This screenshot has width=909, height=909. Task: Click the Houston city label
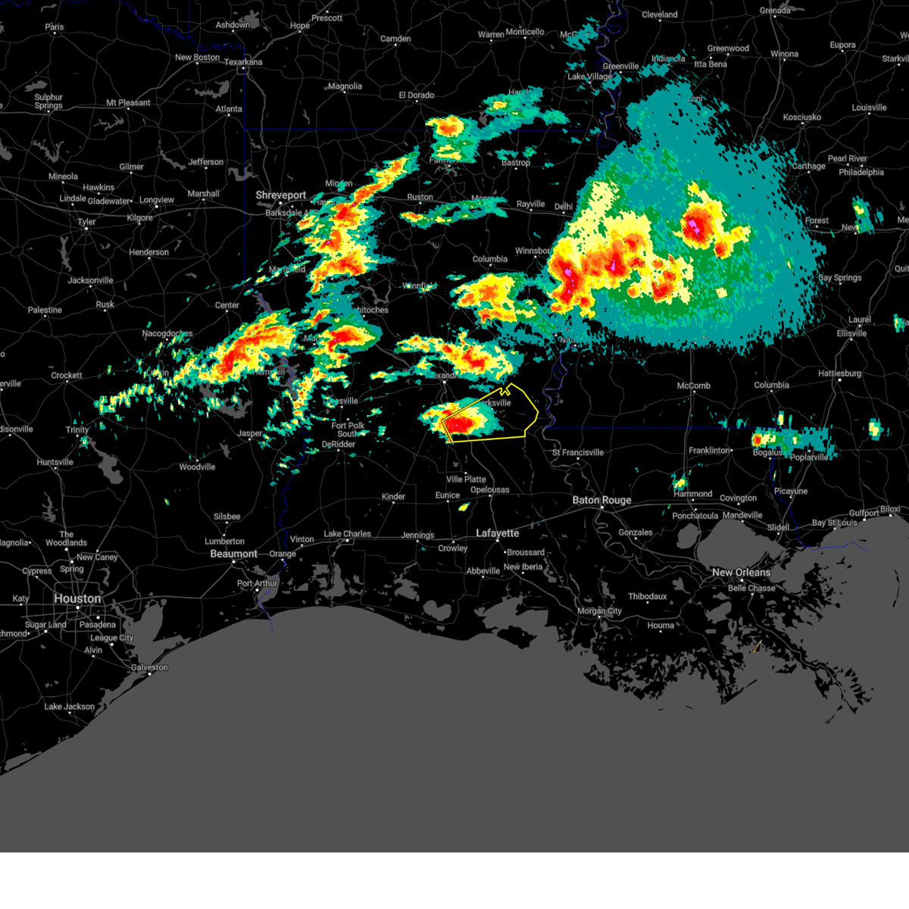(x=77, y=598)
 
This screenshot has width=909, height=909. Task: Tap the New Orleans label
(x=741, y=572)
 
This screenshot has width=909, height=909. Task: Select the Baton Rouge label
(x=601, y=500)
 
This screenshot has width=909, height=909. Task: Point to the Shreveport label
(x=280, y=195)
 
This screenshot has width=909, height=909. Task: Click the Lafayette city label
(x=497, y=533)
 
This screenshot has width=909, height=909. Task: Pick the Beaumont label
(x=233, y=554)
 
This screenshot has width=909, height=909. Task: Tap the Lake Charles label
(x=347, y=533)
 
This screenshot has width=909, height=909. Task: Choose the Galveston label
(x=149, y=667)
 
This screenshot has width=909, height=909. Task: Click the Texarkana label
(x=243, y=62)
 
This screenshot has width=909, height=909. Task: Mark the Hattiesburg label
(x=839, y=373)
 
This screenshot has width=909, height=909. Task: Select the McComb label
(x=693, y=386)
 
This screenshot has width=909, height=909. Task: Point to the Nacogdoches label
(x=167, y=333)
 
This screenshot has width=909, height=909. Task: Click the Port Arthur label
(x=258, y=583)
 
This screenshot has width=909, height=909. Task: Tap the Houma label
(x=661, y=625)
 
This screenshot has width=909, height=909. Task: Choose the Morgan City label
(x=599, y=611)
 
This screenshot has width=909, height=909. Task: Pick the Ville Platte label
(x=466, y=479)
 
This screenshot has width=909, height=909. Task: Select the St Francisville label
(x=578, y=452)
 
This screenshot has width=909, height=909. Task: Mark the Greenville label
(x=620, y=66)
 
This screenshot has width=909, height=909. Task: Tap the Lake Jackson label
(x=70, y=707)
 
